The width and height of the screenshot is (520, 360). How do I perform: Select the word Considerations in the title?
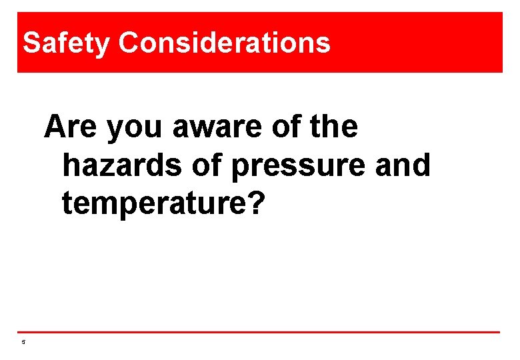pyautogui.click(x=225, y=43)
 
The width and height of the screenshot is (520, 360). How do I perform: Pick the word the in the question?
pyautogui.click(x=335, y=127)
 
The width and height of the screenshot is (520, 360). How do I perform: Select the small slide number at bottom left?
pyautogui.click(x=23, y=343)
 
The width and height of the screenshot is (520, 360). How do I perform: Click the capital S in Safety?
pyautogui.click(x=31, y=43)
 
